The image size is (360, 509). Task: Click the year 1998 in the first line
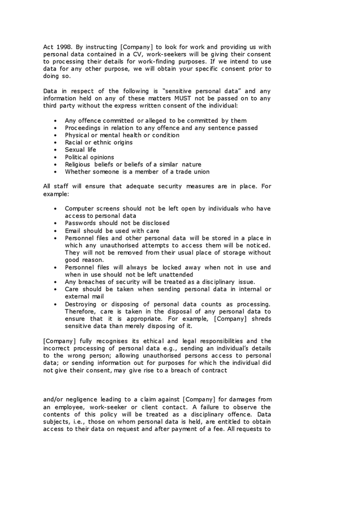65,47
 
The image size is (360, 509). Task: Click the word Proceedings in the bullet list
83,128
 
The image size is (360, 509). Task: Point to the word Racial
74,143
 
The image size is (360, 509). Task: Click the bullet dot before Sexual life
55,150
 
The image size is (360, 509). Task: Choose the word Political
77,157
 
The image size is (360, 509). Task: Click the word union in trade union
200,172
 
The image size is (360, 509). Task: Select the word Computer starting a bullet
80,209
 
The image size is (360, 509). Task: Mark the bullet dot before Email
55,231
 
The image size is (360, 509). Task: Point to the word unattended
172,275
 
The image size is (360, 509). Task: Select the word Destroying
82,304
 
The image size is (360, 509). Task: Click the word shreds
260,319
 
